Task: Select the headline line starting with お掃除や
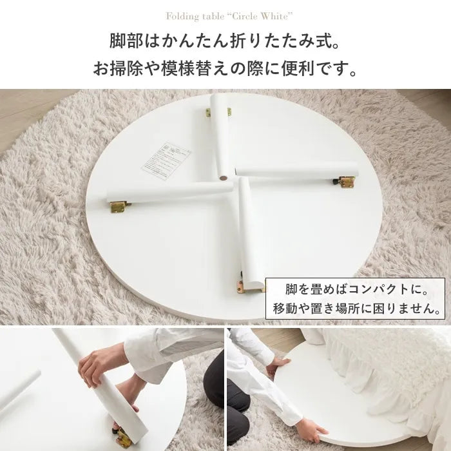(225, 68)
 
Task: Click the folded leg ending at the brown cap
(219, 142)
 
